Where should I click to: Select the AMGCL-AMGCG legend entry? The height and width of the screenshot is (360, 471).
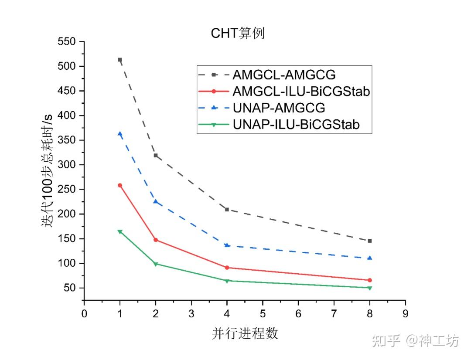[284, 75]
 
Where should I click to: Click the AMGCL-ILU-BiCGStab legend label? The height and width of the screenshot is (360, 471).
[301, 92]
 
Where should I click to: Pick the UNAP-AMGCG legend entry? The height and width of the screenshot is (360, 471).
[279, 108]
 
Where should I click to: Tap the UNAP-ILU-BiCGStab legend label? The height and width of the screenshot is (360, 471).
[297, 125]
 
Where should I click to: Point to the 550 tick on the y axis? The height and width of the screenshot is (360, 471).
[66, 42]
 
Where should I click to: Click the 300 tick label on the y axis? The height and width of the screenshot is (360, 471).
[66, 165]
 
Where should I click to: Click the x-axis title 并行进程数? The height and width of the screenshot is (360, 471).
[245, 333]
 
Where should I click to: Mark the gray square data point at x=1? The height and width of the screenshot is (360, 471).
[120, 60]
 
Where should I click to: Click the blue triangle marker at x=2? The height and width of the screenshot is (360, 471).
[156, 201]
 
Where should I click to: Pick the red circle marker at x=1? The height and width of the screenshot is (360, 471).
[120, 185]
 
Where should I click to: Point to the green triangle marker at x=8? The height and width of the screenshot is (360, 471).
[370, 288]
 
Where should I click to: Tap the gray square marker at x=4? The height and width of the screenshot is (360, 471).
[227, 210]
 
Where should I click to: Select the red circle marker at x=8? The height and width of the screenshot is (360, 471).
[370, 280]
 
